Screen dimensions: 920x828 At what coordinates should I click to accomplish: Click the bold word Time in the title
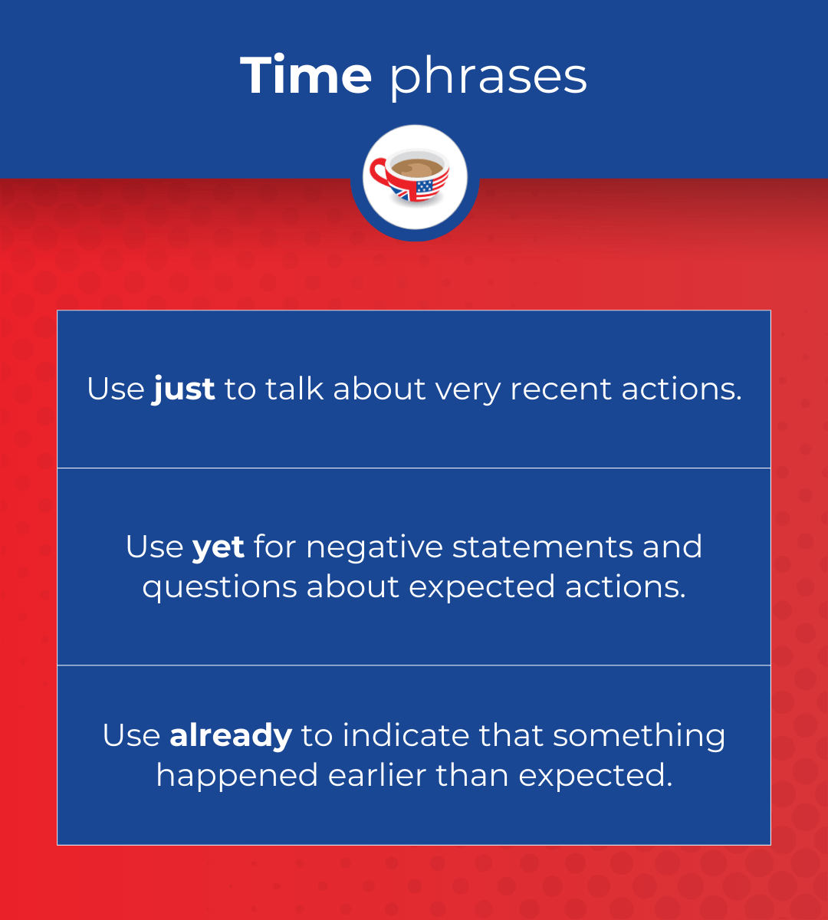point(306,76)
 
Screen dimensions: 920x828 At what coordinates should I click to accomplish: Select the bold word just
point(184,389)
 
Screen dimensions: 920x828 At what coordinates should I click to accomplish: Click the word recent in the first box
point(562,389)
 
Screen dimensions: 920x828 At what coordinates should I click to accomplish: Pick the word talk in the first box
point(295,389)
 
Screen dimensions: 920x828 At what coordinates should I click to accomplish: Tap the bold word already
point(231,736)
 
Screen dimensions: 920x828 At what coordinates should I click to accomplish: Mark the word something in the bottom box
point(639,736)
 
